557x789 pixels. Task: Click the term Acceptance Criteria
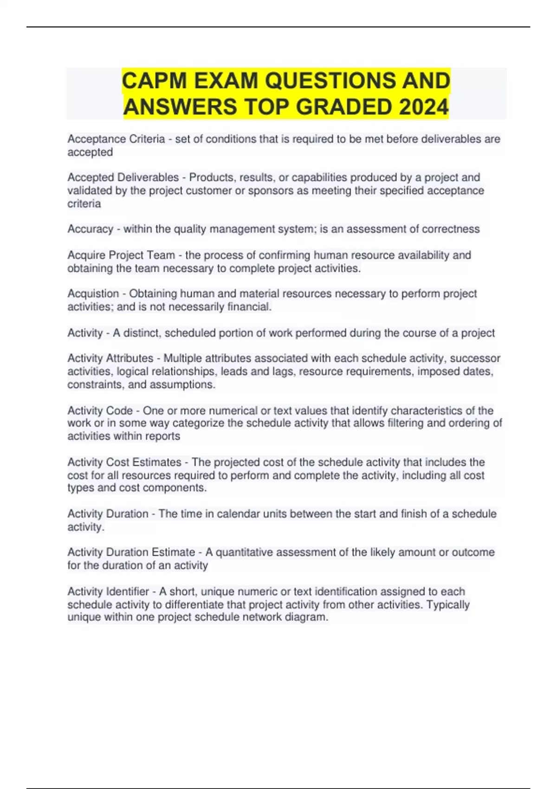point(116,139)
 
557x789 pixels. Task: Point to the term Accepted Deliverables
point(123,177)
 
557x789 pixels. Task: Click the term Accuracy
point(90,229)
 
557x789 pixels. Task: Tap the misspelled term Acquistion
point(93,294)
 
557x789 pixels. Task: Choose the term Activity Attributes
point(110,358)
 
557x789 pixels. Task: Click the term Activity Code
point(100,411)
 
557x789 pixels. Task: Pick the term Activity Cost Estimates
point(124,462)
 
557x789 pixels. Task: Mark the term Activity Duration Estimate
point(131,552)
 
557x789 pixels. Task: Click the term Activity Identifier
point(108,592)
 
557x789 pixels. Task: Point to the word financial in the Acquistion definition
point(248,307)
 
